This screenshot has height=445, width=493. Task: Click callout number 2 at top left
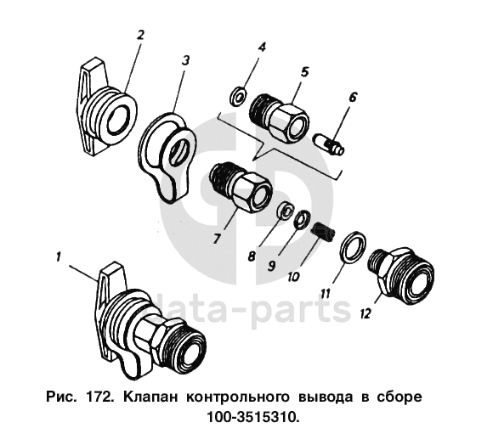point(140,35)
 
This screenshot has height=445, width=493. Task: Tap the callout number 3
point(186,60)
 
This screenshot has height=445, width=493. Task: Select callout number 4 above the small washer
point(262,48)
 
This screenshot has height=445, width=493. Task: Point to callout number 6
point(353,98)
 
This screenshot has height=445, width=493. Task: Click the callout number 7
point(216,239)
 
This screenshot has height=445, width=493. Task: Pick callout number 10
point(294,277)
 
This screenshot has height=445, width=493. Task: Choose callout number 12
point(365,313)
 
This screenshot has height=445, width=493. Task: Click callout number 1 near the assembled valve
point(58,257)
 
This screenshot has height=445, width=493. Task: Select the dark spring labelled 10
point(323,232)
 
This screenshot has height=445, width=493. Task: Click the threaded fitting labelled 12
point(402,273)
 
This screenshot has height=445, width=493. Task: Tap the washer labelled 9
point(302,219)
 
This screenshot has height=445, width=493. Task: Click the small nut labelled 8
point(285,210)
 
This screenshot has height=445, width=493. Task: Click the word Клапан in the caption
point(150,397)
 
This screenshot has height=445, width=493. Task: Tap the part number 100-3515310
point(252,417)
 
